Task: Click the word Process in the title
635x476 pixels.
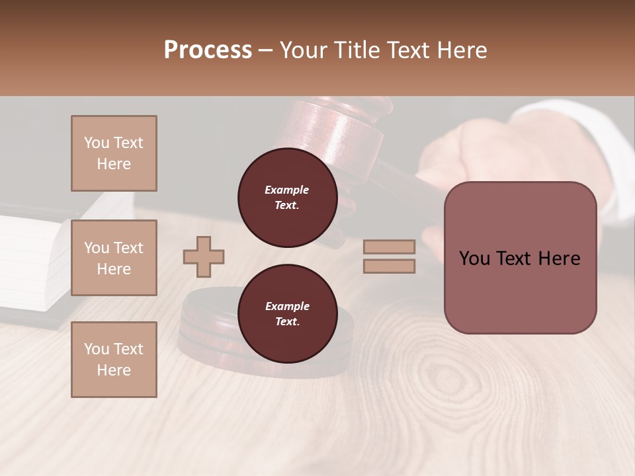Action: tap(208, 50)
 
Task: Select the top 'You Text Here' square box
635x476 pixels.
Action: tap(114, 153)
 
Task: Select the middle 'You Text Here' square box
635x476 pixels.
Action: tap(114, 258)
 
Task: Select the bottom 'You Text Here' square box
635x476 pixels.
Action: tap(114, 360)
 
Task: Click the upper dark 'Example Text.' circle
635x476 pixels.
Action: tap(287, 197)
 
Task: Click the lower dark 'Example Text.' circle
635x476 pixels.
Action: tap(287, 314)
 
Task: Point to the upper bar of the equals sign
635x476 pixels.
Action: tap(389, 247)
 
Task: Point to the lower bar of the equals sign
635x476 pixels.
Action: tap(389, 266)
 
